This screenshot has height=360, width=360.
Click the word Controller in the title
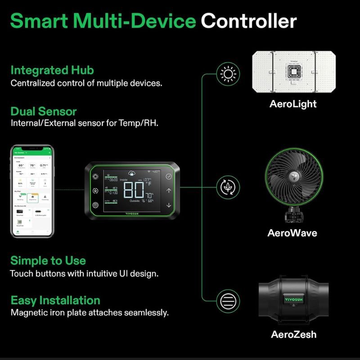click(x=248, y=21)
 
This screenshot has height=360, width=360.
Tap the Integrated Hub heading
click(x=52, y=70)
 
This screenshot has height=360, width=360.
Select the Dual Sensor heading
click(x=43, y=111)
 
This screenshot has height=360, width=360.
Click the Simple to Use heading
click(x=48, y=261)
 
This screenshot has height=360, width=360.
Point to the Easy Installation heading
click(x=55, y=300)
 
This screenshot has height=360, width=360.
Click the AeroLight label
click(x=293, y=104)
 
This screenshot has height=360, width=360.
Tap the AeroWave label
click(x=292, y=233)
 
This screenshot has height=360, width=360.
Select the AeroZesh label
click(x=293, y=334)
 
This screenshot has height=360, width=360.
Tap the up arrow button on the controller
click(x=169, y=191)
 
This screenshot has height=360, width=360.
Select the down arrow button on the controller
click(x=169, y=205)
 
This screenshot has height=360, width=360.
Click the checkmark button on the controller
click(x=169, y=177)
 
